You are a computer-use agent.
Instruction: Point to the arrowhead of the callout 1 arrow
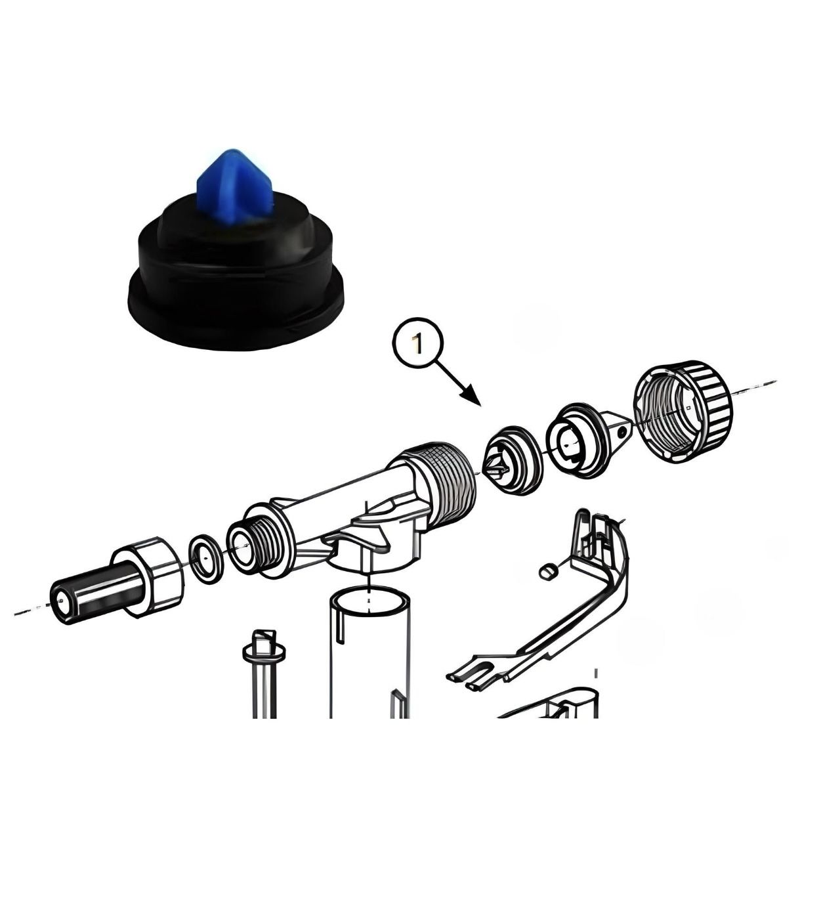(472, 396)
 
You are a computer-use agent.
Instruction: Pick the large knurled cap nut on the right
(682, 411)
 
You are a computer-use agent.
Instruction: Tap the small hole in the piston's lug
(621, 433)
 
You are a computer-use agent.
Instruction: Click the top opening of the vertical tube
(369, 600)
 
